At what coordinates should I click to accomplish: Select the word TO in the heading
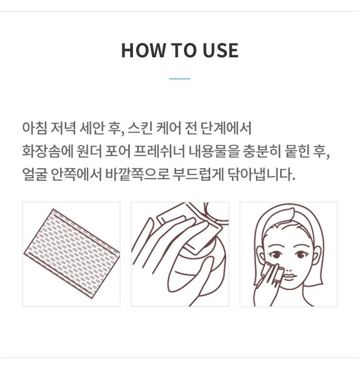coord(184,50)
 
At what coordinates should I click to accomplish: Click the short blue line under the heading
coord(180,79)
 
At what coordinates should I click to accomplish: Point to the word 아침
coord(35,128)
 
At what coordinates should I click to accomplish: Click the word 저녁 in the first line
coord(63,128)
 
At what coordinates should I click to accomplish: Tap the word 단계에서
coord(226,128)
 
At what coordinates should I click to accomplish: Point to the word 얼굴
coord(35,174)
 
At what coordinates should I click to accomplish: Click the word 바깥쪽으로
coord(137,174)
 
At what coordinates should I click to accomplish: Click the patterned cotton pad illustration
coord(71,253)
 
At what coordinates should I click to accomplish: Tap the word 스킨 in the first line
coord(140,128)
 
